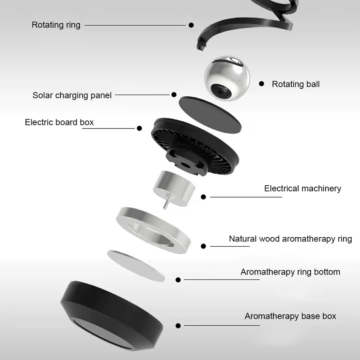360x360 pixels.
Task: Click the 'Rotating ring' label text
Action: click(x=56, y=25)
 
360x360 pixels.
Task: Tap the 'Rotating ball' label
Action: click(x=295, y=84)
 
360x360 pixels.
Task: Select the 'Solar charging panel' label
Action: click(x=72, y=95)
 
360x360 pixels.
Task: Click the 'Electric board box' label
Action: click(x=59, y=122)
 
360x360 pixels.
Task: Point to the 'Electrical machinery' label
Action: click(x=303, y=188)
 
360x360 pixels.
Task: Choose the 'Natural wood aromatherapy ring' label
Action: click(x=290, y=239)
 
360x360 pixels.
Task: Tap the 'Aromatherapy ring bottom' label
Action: click(x=290, y=272)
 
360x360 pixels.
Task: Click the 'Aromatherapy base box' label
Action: click(x=290, y=316)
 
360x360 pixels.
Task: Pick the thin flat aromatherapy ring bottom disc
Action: click(x=136, y=265)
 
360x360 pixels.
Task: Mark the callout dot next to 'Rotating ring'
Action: click(x=191, y=25)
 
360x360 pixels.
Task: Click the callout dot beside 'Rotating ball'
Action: click(x=262, y=84)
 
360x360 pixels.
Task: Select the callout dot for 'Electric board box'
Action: click(x=139, y=128)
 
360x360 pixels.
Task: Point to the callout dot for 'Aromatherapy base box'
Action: click(x=178, y=325)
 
